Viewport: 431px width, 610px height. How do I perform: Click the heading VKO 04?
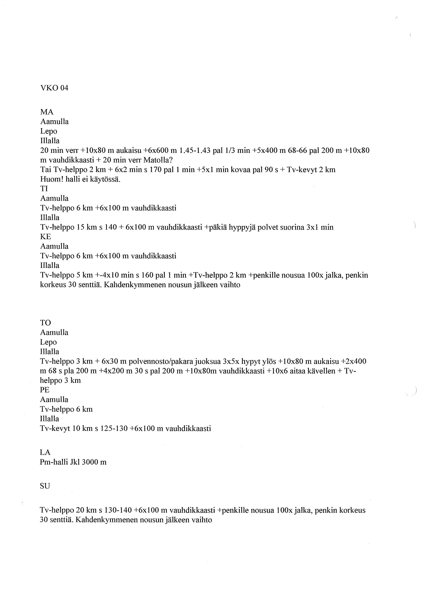(x=54, y=88)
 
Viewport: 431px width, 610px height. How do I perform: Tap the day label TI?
(x=44, y=189)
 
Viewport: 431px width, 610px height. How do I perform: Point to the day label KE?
(x=45, y=236)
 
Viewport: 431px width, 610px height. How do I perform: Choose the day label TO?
(x=45, y=323)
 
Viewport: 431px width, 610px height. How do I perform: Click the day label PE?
(x=45, y=390)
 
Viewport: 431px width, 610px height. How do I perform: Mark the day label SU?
(x=45, y=486)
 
